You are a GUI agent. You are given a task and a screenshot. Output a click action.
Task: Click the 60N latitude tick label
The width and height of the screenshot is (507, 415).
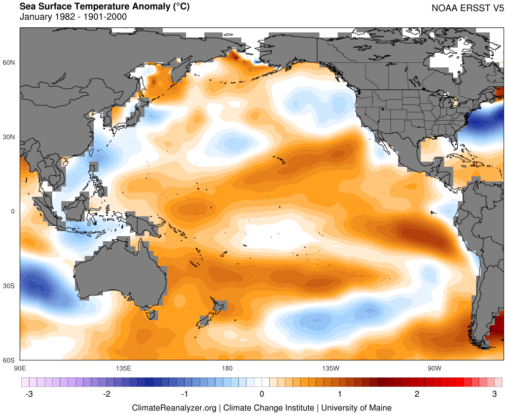10,62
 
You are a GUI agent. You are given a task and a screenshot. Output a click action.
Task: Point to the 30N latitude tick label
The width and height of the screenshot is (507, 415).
10,137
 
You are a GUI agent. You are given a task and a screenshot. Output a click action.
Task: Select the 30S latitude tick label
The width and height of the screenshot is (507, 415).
10,286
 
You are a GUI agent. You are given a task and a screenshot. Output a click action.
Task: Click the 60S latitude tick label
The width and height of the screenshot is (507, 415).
10,360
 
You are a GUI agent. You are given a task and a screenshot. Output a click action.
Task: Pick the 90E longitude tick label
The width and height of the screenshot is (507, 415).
20,367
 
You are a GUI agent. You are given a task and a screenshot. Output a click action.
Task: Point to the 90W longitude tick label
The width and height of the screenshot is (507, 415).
433,367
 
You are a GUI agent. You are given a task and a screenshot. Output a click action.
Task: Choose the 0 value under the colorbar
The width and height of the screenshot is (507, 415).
262,394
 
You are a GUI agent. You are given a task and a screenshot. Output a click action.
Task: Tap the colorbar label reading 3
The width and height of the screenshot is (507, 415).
494,394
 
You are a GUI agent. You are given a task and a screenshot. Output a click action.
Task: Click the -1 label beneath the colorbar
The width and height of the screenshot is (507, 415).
185,394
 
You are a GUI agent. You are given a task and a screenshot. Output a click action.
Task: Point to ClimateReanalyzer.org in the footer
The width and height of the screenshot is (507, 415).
174,407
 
